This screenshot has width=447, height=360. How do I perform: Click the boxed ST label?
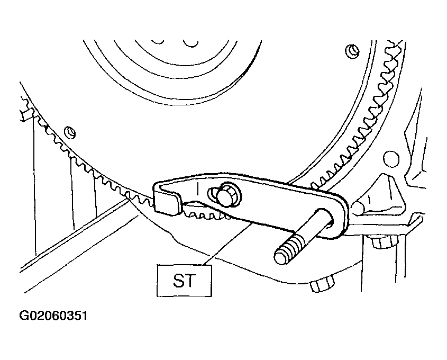184,281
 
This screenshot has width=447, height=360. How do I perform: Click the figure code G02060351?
53,316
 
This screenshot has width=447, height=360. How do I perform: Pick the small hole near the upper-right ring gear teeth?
353,52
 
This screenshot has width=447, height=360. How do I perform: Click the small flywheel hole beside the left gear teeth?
70,133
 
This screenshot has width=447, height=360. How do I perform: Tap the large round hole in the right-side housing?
391,159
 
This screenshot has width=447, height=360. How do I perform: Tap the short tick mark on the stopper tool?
197,189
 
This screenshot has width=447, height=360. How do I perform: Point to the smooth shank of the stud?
316,228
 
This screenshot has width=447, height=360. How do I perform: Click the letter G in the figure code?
23,316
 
